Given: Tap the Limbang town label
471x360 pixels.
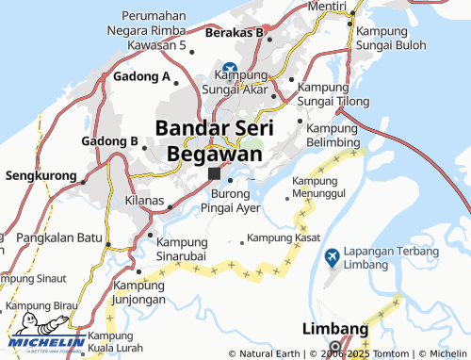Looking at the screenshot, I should coord(335,328).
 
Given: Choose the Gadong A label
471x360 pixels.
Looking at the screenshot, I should coord(141,76).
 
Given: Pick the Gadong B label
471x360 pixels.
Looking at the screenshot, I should coord(109,141).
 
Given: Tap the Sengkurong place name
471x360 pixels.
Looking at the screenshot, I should coord(41,175).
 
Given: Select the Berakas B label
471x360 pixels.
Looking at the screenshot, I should coord(233,32).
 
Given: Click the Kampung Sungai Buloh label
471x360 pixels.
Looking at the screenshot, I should coord(394,36).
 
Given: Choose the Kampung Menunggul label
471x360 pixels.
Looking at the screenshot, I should coord(319,186).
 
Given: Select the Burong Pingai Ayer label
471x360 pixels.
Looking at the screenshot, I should coord(232,200).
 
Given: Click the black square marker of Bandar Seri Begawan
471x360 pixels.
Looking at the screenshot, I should coord(215,173).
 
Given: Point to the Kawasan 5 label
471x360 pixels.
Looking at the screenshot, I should coord(157,44).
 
